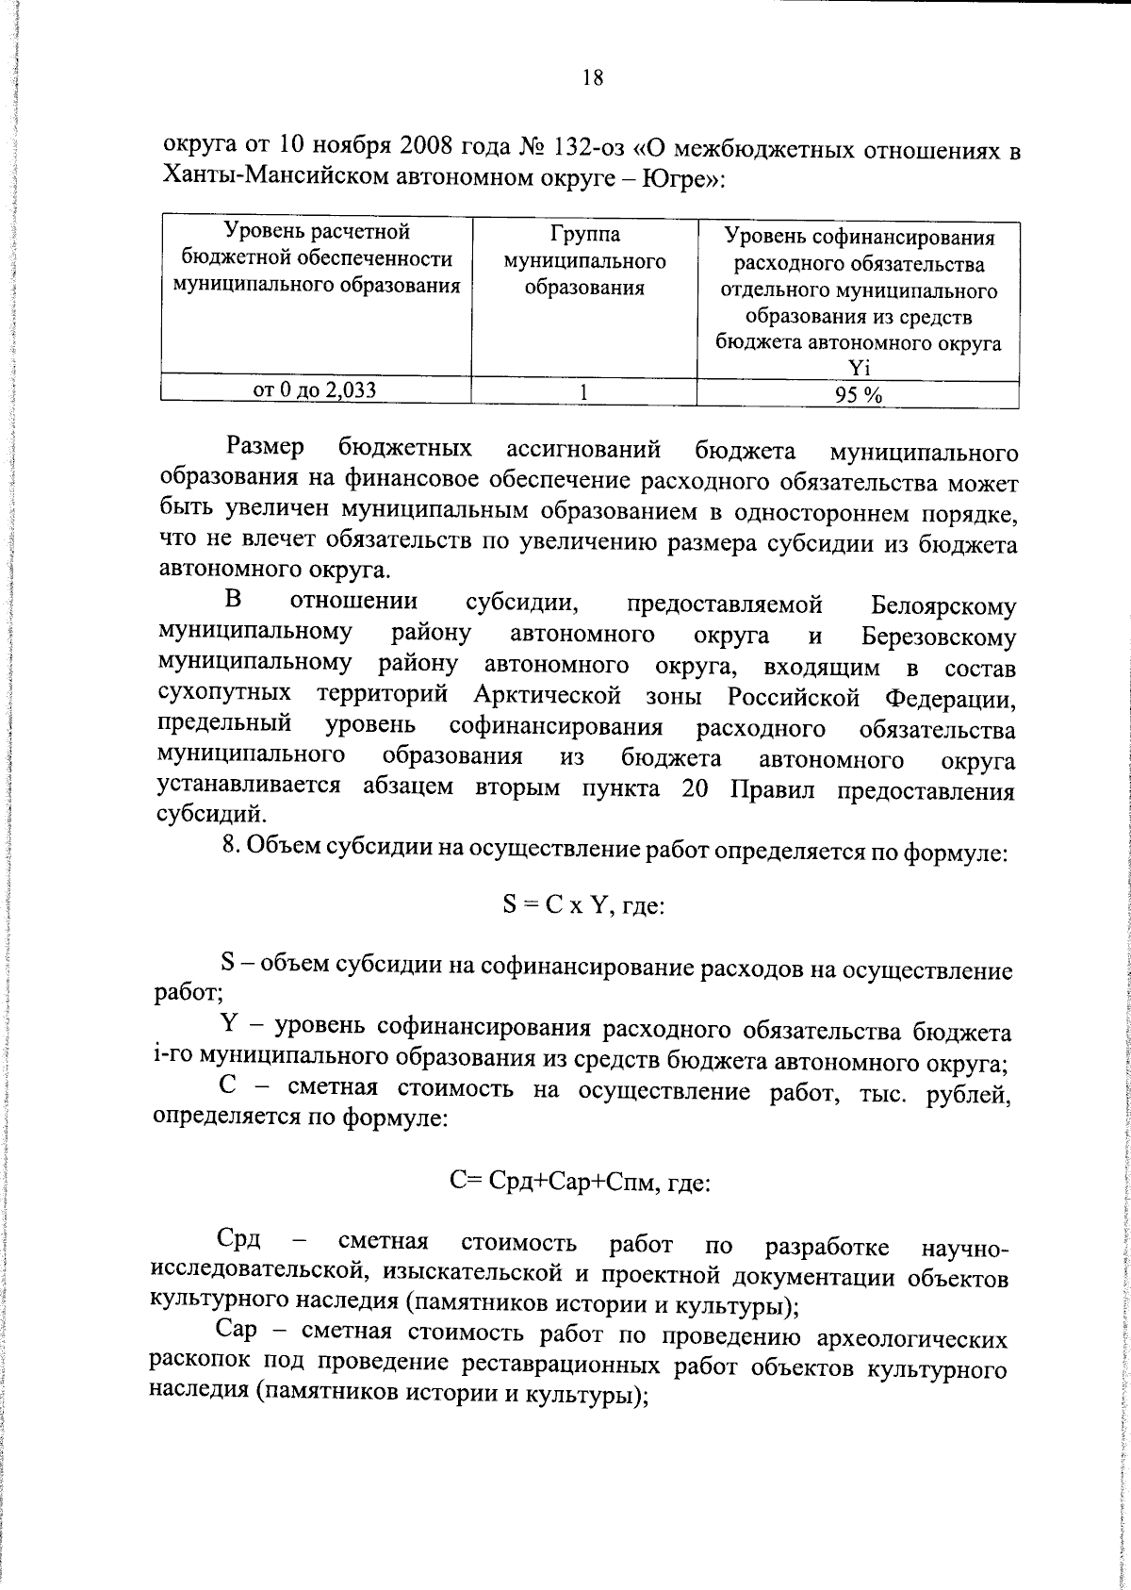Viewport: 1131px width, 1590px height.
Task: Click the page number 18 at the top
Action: [592, 78]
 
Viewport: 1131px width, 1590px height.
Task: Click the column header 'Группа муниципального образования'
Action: [584, 261]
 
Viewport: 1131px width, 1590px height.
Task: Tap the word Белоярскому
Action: [943, 605]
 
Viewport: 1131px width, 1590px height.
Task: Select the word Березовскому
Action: [938, 637]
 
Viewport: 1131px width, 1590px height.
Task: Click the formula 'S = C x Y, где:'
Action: [583, 907]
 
